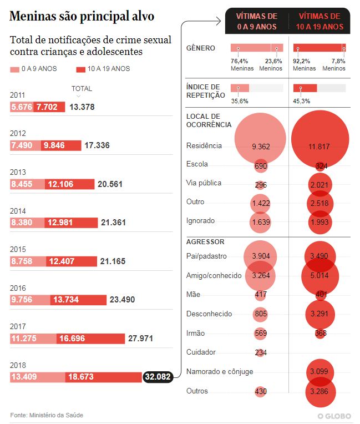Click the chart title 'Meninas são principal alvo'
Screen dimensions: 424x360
point(82,17)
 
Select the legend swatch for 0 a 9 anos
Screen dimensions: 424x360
point(14,69)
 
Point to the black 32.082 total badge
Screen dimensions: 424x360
point(158,377)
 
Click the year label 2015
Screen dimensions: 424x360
point(18,249)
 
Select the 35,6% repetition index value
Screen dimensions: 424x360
point(240,101)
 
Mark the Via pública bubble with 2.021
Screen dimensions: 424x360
point(320,184)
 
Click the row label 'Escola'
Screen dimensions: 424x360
point(197,164)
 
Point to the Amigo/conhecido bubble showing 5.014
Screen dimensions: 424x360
point(320,275)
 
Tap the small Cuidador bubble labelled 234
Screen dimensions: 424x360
point(261,352)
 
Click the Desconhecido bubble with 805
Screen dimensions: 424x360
point(261,314)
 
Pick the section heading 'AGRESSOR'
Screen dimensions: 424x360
point(205,242)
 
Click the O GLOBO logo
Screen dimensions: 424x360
point(335,416)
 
